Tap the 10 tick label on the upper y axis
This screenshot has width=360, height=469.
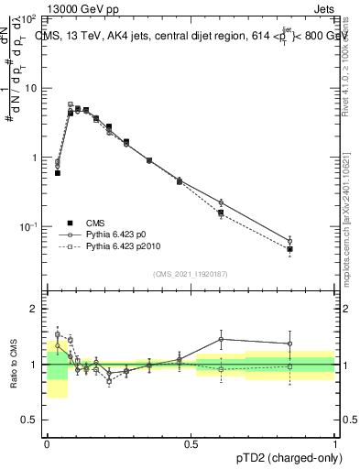(x=31, y=88)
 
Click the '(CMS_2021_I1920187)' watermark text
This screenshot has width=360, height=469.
(x=191, y=274)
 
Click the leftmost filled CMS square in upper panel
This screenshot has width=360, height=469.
(x=58, y=172)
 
